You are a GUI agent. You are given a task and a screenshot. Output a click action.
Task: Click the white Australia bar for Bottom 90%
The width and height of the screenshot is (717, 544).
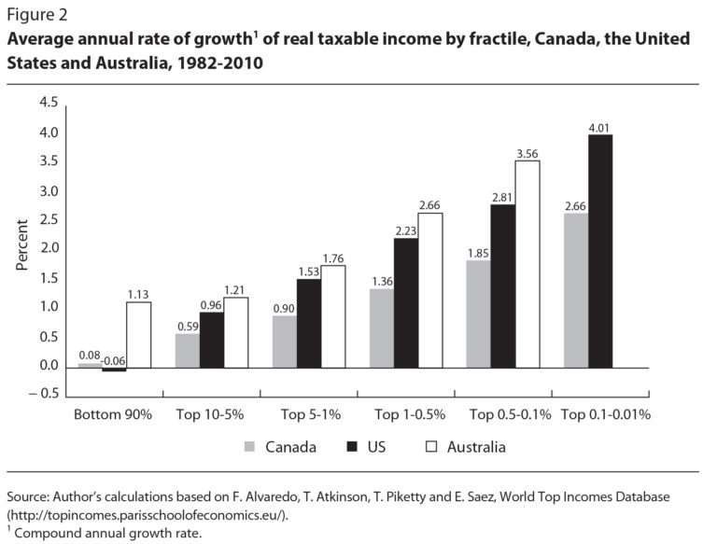click(x=138, y=334)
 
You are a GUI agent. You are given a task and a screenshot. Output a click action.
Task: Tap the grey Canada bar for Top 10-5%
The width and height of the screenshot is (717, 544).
click(x=188, y=350)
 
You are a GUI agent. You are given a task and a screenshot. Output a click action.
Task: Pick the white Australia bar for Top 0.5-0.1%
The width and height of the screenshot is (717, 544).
click(x=527, y=263)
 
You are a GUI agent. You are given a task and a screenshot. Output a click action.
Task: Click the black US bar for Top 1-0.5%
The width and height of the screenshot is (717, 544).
click(x=406, y=302)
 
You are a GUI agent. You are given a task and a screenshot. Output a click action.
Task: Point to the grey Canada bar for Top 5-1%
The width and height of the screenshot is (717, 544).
click(x=285, y=341)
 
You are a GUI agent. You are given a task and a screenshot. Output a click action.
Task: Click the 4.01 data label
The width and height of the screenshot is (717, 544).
click(x=600, y=128)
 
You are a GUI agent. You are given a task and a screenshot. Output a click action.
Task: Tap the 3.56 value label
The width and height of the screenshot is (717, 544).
click(x=527, y=154)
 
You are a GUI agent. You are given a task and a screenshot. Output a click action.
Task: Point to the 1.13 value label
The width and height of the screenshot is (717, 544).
click(x=138, y=295)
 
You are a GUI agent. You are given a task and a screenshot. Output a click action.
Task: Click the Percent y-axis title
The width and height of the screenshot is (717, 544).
click(x=22, y=245)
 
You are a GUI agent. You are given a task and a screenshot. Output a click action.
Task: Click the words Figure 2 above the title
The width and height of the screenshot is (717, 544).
click(x=36, y=15)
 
